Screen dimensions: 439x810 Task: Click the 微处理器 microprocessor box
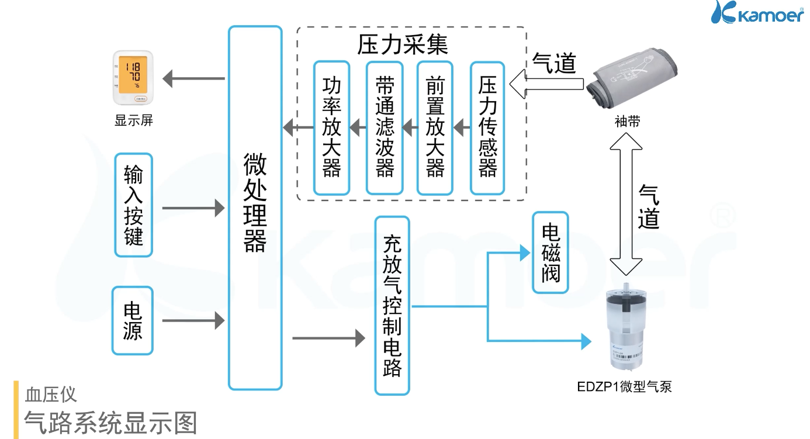[x=255, y=208]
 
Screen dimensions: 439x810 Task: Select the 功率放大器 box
[x=331, y=127]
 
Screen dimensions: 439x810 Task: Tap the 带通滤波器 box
[x=384, y=127]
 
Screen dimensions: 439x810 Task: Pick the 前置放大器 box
[x=435, y=127]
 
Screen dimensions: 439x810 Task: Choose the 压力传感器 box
[x=487, y=127]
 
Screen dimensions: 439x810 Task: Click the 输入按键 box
[x=133, y=205]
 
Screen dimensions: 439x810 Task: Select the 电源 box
[x=132, y=320]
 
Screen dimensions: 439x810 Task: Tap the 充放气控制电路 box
[x=392, y=306]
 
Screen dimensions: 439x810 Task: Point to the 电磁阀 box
[x=550, y=252]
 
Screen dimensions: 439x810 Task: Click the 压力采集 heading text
[x=403, y=44]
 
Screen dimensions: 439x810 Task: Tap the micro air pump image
[x=627, y=326]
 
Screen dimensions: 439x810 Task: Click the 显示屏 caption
[x=134, y=121]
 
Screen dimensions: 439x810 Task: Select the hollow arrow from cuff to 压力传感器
[x=546, y=85]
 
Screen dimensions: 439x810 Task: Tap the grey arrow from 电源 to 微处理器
[x=193, y=320]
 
